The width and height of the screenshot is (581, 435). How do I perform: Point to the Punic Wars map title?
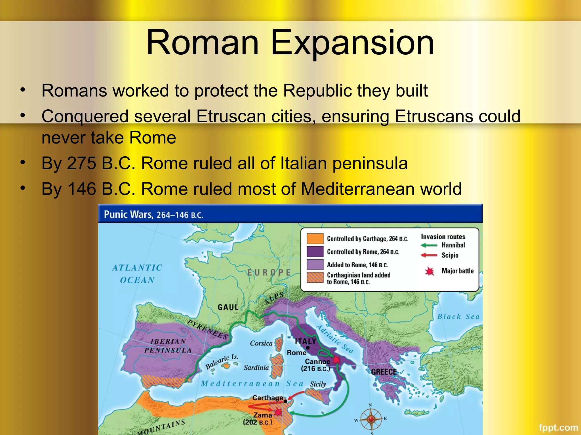(x=153, y=214)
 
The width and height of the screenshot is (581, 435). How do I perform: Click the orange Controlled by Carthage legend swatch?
(x=315, y=238)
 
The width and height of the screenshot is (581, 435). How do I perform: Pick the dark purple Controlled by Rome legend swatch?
(x=315, y=251)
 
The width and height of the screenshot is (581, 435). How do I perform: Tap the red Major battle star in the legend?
(x=430, y=271)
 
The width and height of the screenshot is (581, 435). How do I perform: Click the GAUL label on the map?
(x=228, y=307)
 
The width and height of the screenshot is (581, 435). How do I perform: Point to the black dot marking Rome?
(x=308, y=348)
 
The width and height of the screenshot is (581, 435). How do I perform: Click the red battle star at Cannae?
(x=336, y=360)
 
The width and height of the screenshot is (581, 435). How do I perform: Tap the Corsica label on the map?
(x=261, y=343)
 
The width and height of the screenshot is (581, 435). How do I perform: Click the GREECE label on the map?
(x=384, y=372)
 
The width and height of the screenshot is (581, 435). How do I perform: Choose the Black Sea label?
(x=458, y=317)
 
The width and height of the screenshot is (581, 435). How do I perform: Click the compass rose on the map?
(x=371, y=419)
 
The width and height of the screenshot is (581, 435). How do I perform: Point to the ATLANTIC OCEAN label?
(x=137, y=274)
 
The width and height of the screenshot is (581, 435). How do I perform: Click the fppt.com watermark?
(x=558, y=427)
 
